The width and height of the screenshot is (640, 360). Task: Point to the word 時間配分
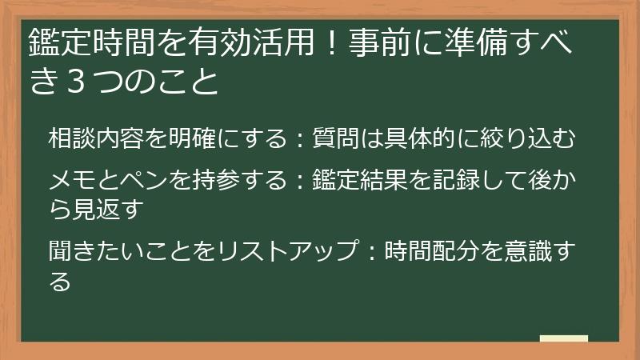431,251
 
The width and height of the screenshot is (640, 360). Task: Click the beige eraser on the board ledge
563,338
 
